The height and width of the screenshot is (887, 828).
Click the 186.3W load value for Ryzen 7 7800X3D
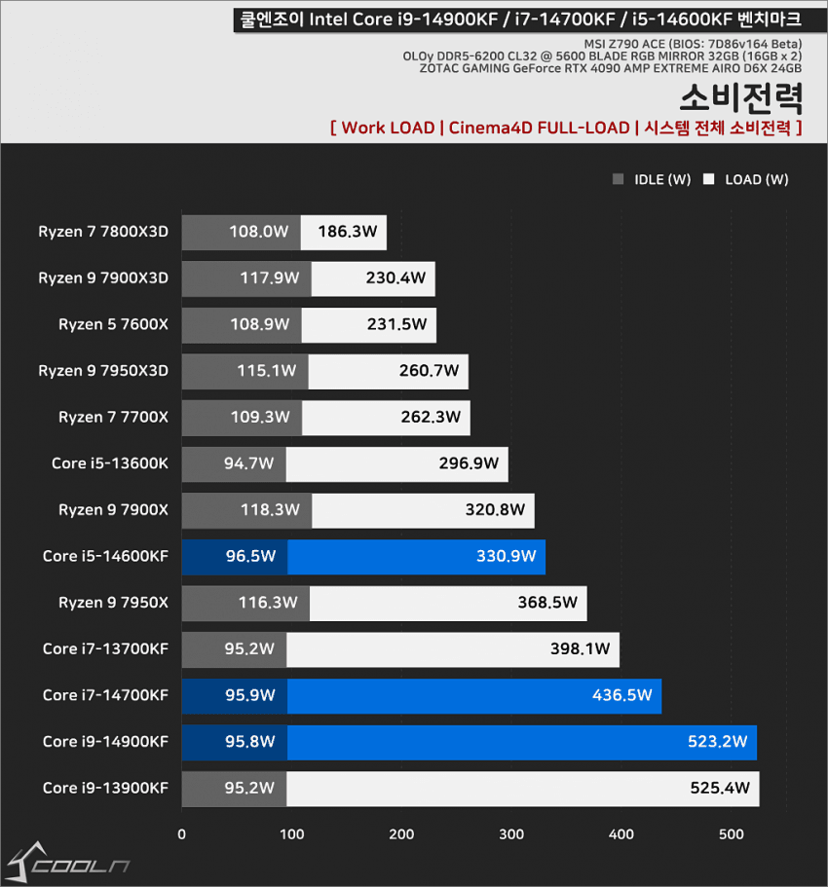click(344, 232)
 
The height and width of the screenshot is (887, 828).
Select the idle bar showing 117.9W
click(246, 278)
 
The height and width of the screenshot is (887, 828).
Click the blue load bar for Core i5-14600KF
click(416, 557)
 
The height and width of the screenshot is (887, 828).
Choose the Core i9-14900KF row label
click(105, 742)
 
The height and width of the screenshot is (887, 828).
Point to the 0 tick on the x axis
click(182, 834)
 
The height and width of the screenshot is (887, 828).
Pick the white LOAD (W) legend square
click(709, 179)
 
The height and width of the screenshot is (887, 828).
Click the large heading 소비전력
click(741, 98)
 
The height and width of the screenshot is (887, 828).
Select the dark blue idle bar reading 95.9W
click(235, 696)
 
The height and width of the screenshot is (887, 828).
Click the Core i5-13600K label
click(109, 463)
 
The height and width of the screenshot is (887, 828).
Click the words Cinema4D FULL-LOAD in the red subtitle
click(539, 128)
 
